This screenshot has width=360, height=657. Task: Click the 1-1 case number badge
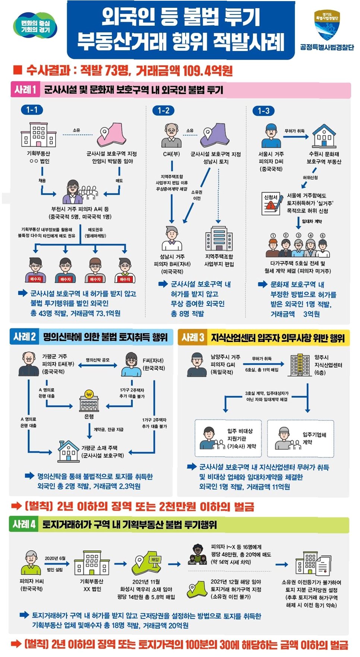[32, 110]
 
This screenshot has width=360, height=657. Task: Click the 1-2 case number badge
[163, 110]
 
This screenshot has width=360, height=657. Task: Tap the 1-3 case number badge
[263, 111]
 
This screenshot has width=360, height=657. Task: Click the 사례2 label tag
[25, 337]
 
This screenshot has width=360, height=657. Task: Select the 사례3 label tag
[193, 338]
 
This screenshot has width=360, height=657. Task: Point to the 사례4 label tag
[24, 524]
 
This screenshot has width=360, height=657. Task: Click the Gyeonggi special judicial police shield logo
[327, 26]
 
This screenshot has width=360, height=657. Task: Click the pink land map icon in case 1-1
[110, 135]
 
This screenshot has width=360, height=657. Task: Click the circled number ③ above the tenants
[299, 235]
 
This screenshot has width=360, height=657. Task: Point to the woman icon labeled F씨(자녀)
[131, 364]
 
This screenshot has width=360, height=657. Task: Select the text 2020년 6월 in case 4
[55, 558]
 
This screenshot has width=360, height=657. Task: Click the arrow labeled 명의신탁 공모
[98, 366]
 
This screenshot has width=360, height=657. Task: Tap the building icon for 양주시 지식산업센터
[300, 365]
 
